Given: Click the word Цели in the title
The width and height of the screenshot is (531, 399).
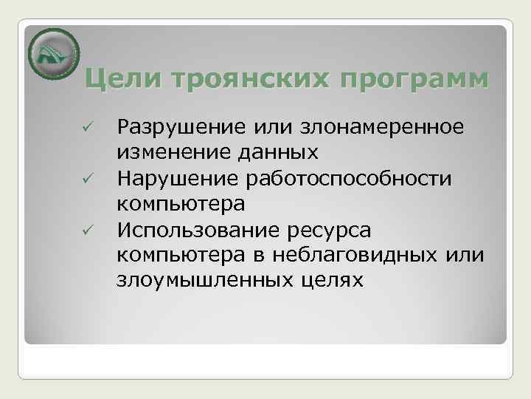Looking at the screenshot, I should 118,78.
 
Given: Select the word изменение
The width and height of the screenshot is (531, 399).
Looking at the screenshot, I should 174,152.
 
